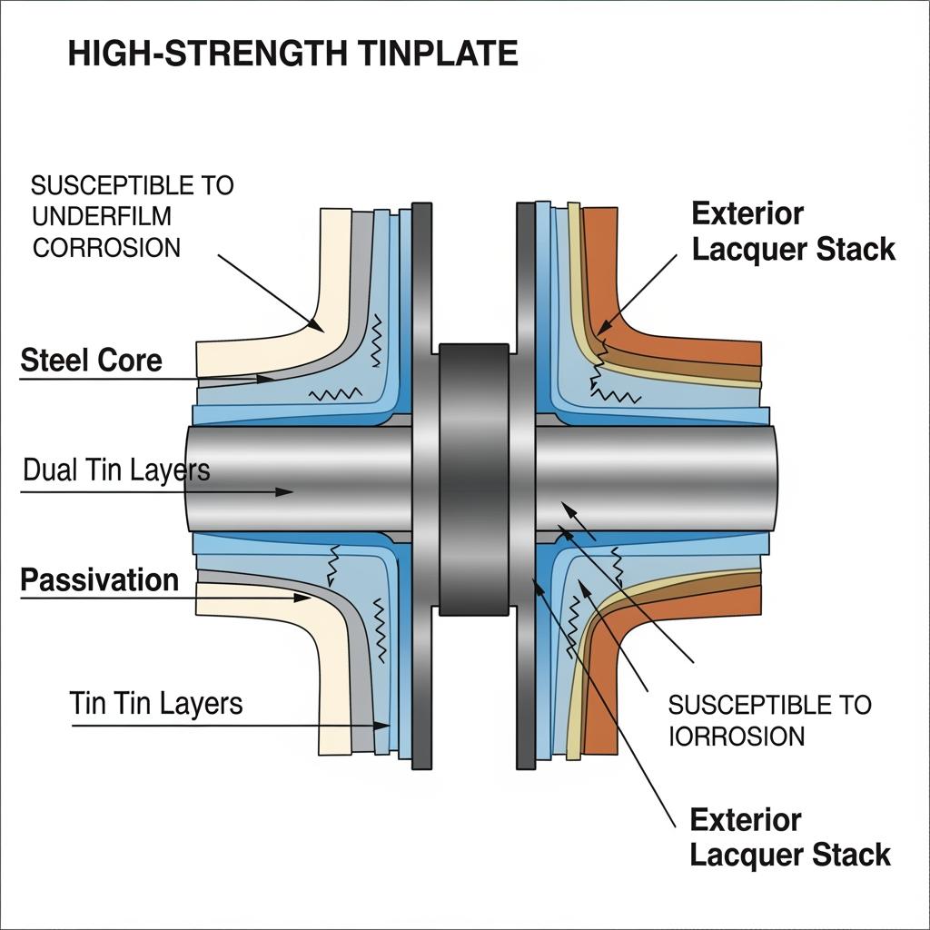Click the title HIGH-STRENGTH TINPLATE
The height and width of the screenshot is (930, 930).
292,54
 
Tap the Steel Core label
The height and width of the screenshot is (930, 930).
91,361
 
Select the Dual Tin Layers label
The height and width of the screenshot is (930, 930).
115,470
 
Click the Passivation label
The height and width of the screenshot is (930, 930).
99,580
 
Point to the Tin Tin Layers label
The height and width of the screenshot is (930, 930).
155,703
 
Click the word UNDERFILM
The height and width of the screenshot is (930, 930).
101,216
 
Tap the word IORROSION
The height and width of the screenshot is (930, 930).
737,735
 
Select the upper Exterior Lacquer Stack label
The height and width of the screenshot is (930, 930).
793,232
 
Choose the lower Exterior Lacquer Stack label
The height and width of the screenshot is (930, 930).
790,836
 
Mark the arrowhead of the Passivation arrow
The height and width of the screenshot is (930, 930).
304,598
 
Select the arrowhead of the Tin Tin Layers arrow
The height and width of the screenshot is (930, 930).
384,726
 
